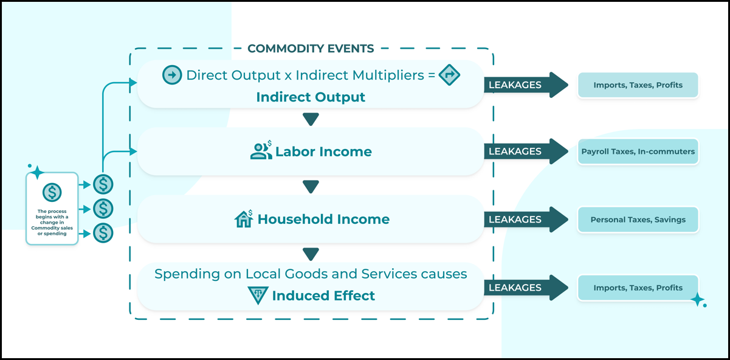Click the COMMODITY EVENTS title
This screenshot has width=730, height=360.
click(x=311, y=49)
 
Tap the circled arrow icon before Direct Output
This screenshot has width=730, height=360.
click(x=172, y=75)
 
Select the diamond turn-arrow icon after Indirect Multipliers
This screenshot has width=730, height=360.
click(x=449, y=75)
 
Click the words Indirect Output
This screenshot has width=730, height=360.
click(x=311, y=97)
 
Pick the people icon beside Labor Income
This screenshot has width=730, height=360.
click(x=261, y=150)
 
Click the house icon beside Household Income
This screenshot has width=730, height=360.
click(x=244, y=218)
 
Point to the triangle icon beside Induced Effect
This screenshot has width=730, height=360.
click(x=258, y=295)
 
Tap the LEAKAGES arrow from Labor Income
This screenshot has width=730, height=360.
click(x=526, y=151)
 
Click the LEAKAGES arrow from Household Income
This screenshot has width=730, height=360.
click(x=526, y=220)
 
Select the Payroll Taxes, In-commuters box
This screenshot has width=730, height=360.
click(x=638, y=151)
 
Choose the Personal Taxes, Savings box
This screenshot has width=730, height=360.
click(x=638, y=220)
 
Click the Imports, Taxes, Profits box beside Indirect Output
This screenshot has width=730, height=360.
click(x=638, y=85)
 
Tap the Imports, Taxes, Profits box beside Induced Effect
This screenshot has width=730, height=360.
click(x=638, y=288)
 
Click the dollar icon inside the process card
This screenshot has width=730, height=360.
click(x=52, y=192)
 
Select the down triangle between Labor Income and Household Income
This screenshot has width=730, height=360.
click(x=311, y=187)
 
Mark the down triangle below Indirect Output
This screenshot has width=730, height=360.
click(x=311, y=119)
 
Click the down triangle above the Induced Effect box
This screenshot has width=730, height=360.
click(x=311, y=254)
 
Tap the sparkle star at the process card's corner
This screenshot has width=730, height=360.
click(x=37, y=172)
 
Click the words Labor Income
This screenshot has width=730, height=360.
click(x=323, y=151)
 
